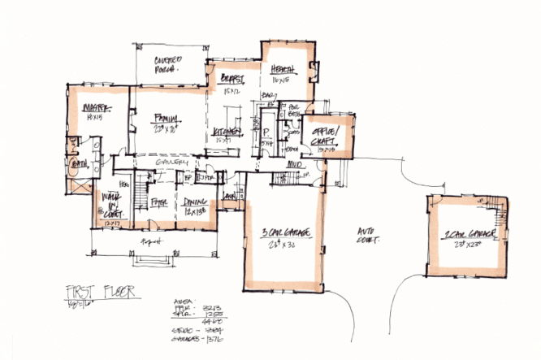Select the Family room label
pos(167,118)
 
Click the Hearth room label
pos(282,71)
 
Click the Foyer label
pos(159,202)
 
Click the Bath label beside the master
pos(79,162)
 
